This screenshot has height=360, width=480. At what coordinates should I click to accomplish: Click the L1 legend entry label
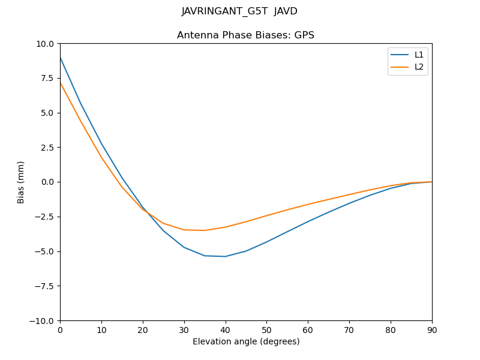[419, 55]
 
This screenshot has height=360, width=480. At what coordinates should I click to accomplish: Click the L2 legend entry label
[419, 67]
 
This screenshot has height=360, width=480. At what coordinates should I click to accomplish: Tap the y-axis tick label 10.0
[45, 44]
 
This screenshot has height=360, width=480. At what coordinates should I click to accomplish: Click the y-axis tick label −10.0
[43, 320]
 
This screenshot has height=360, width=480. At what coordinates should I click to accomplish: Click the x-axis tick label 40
[225, 330]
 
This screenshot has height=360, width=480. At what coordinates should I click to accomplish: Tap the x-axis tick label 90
[431, 330]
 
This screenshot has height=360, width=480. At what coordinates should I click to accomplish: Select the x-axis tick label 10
[101, 330]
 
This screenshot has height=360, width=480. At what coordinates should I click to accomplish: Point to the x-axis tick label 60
[308, 330]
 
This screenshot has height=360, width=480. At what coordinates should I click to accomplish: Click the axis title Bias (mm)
[21, 182]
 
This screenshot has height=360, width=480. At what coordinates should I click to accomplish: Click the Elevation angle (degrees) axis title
[246, 342]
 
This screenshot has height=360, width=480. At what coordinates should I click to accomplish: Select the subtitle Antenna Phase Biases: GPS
[245, 35]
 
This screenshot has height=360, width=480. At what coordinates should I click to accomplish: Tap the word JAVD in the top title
[286, 11]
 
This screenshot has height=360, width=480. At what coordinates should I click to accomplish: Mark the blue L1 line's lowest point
[225, 256]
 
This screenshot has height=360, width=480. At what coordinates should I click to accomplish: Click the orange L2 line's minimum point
[204, 230]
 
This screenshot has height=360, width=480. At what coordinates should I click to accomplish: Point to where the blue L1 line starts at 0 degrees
[61, 58]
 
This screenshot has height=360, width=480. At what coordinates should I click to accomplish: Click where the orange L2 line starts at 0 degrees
[61, 83]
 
